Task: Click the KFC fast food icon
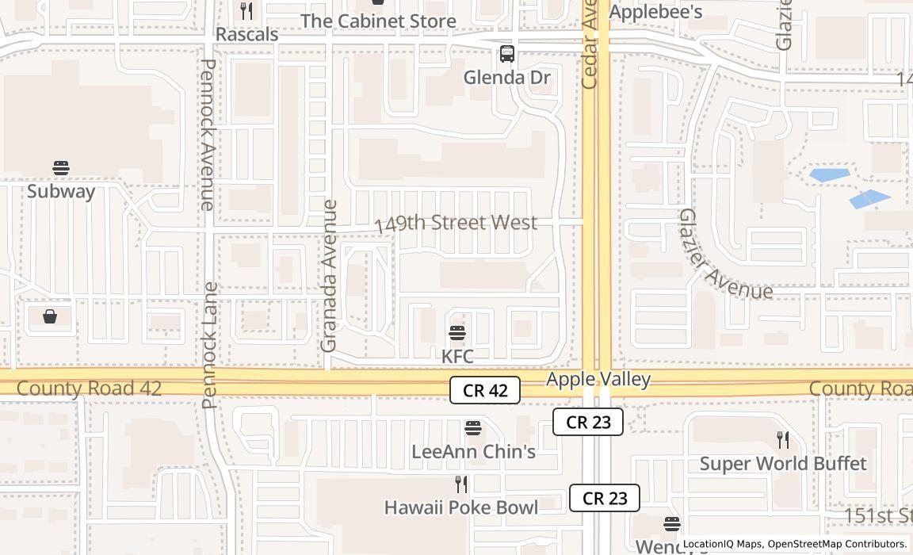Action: pyautogui.click(x=457, y=332)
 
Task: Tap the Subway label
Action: pyautogui.click(x=61, y=191)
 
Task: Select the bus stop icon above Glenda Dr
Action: pyautogui.click(x=507, y=54)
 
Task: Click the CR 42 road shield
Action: pyautogui.click(x=485, y=390)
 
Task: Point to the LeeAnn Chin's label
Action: pyautogui.click(x=473, y=452)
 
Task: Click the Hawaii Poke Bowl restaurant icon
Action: pyautogui.click(x=461, y=484)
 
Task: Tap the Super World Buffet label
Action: pyautogui.click(x=783, y=463)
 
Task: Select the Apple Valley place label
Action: pyautogui.click(x=598, y=379)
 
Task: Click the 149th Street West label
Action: pyautogui.click(x=456, y=224)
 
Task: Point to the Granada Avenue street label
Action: pyautogui.click(x=329, y=276)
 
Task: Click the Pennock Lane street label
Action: pyautogui.click(x=210, y=345)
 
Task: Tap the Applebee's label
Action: pyautogui.click(x=655, y=12)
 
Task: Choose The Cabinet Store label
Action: pyautogui.click(x=378, y=21)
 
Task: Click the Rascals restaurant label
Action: pyautogui.click(x=247, y=35)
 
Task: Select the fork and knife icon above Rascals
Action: pyautogui.click(x=246, y=11)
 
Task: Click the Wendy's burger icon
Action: pyautogui.click(x=672, y=523)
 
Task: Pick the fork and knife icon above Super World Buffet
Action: pyautogui.click(x=783, y=440)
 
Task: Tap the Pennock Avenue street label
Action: pyautogui.click(x=208, y=135)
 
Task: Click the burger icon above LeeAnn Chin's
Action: pyautogui.click(x=473, y=428)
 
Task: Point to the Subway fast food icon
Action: pyautogui.click(x=61, y=168)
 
